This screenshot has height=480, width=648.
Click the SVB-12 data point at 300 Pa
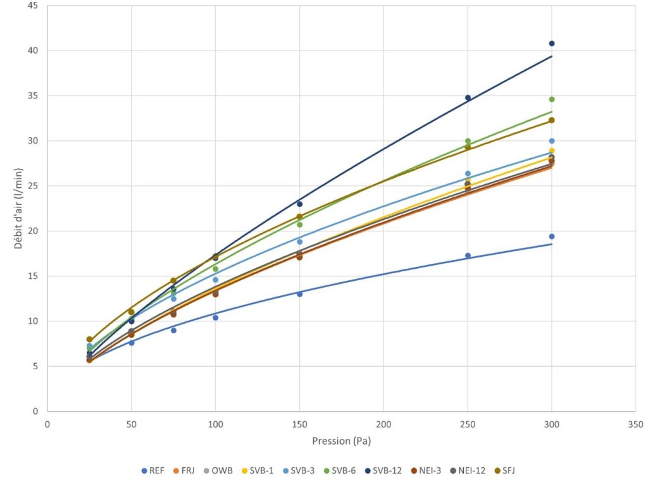(551, 44)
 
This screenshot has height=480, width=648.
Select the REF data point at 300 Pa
(551, 237)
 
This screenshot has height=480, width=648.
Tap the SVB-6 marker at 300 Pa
(551, 99)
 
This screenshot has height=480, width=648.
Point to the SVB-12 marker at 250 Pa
(468, 98)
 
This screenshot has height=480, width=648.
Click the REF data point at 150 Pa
(299, 294)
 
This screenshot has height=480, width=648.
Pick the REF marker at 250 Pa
(468, 255)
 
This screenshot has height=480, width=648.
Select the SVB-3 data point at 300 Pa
(551, 141)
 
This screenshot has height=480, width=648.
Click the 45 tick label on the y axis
(33, 6)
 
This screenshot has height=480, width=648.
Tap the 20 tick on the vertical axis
(33, 231)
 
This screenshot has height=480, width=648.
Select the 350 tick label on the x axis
(635, 424)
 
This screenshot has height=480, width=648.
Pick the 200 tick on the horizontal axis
(383, 424)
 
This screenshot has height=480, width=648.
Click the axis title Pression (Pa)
(341, 440)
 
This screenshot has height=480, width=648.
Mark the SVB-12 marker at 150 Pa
(299, 204)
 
